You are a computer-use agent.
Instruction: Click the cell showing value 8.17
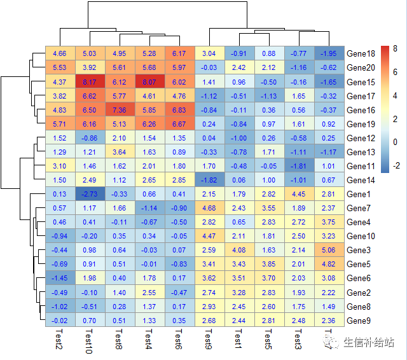coord(90,82)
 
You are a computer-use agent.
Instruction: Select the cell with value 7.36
coord(120,110)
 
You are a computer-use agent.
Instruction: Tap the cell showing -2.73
coord(90,194)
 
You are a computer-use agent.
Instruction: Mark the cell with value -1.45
coord(60,278)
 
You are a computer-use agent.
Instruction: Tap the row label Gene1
coord(360,194)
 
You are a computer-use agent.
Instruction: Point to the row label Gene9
coord(360,320)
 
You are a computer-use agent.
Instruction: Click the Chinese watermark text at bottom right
coord(367,343)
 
